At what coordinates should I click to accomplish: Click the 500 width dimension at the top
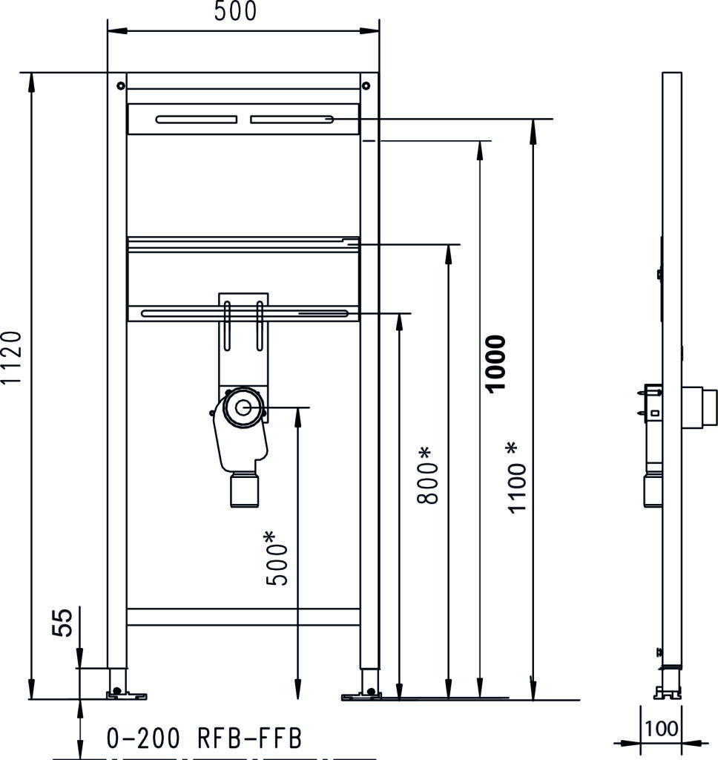click(235, 11)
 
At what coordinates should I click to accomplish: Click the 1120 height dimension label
click(11, 358)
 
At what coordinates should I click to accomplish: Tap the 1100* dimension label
click(516, 478)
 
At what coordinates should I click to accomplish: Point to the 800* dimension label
click(427, 476)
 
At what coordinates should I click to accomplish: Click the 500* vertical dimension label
click(277, 558)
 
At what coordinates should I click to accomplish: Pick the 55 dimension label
click(62, 623)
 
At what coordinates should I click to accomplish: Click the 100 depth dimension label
click(662, 729)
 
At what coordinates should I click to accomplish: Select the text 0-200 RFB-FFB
click(204, 738)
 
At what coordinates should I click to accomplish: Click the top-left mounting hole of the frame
click(121, 86)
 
